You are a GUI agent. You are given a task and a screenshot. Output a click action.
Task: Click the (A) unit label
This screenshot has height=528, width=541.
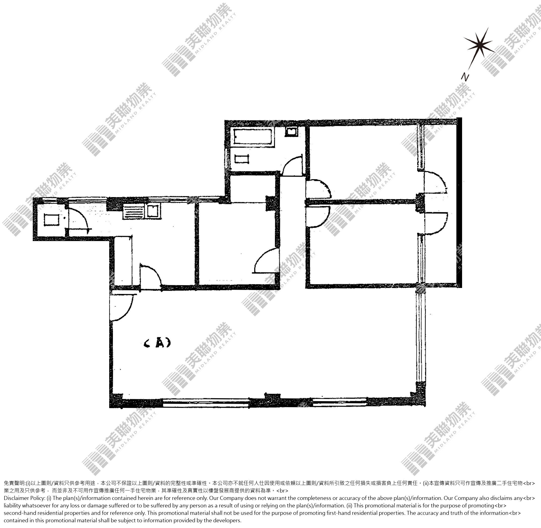click(157, 344)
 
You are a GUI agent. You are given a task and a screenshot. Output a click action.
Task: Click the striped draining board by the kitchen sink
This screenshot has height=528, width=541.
click(133, 211)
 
